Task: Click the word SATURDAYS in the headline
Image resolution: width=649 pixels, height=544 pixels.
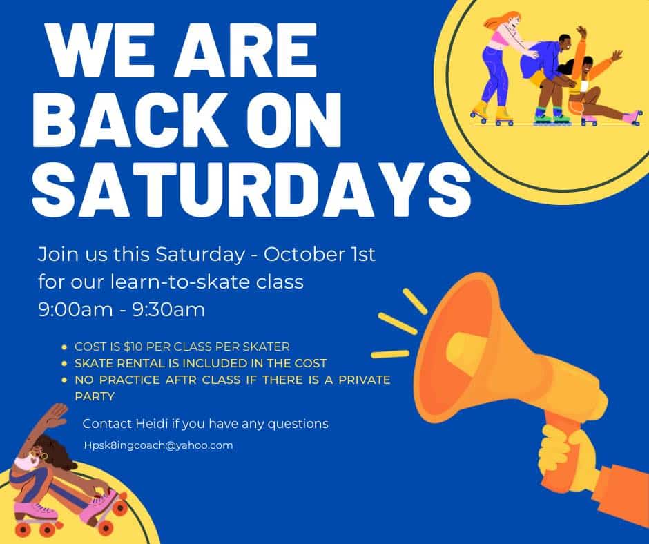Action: pos(251,188)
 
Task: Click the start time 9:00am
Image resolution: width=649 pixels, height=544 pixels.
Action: pos(75,309)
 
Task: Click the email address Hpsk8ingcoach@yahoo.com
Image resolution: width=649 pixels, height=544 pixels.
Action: pos(158,445)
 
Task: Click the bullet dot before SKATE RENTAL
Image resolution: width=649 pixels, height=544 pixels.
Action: pos(64,364)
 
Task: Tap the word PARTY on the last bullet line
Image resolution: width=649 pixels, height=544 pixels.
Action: pos(95,396)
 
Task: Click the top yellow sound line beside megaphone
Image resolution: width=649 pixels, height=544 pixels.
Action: pos(415,300)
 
